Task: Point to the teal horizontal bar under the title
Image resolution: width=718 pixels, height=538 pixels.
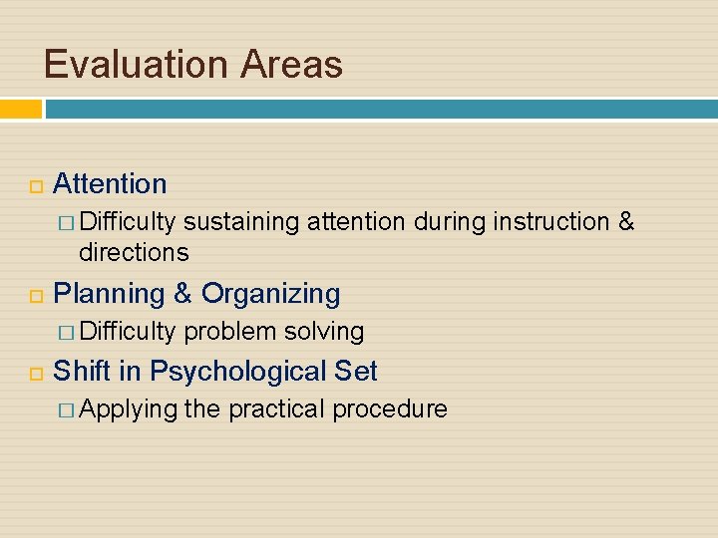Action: coord(379,109)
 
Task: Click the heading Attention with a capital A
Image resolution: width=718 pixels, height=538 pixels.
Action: coord(110,184)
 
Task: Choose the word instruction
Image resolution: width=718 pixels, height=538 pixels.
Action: coord(550,222)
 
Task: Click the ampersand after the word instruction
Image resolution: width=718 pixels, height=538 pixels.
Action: coord(626,222)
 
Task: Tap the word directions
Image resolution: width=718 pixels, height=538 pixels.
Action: coord(134,252)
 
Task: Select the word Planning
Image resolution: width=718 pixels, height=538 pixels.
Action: coord(109,295)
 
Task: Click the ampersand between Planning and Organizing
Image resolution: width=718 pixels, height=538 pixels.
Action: coord(182,295)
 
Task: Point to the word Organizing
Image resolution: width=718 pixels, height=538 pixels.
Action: coord(270,295)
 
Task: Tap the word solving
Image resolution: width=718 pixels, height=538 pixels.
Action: coord(324,332)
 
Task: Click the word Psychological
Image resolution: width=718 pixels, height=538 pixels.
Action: coord(237,373)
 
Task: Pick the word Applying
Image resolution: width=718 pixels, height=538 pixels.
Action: coord(128,409)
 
